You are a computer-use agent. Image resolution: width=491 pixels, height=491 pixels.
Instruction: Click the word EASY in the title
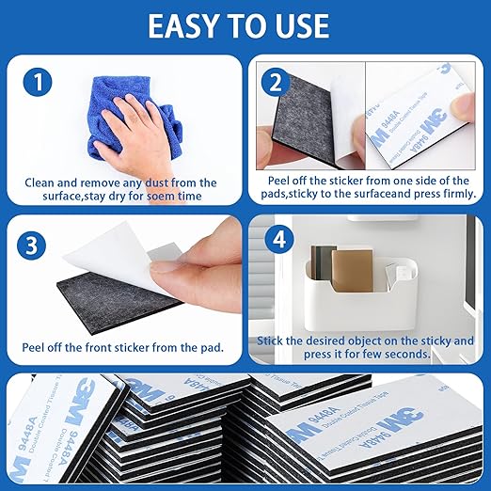[x=187, y=25]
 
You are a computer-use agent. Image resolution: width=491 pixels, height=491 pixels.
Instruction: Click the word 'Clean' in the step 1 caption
[x=43, y=182]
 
